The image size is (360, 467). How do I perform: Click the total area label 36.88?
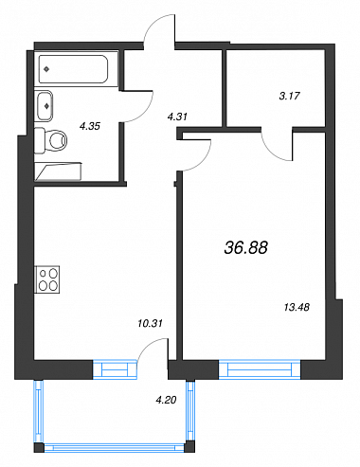tap(246, 247)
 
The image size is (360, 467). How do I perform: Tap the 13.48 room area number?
tap(297, 307)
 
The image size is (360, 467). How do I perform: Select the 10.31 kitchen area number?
tap(150, 323)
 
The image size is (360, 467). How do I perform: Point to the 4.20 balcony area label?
tap(166, 400)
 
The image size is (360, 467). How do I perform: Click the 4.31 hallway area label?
tap(177, 117)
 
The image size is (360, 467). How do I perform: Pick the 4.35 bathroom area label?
tap(90, 126)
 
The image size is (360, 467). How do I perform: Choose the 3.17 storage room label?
tap(290, 96)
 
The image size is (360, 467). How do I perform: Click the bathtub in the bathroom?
tap(74, 69)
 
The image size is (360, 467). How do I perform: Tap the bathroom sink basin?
tap(44, 106)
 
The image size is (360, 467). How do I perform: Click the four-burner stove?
tap(47, 279)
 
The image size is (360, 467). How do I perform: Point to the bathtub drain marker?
tap(46, 69)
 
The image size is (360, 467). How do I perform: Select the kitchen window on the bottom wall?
tap(116, 369)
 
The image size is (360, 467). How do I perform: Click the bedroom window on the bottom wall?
tap(260, 369)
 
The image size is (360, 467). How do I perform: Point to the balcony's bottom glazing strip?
tap(115, 447)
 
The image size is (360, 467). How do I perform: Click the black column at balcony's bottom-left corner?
tap(39, 447)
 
